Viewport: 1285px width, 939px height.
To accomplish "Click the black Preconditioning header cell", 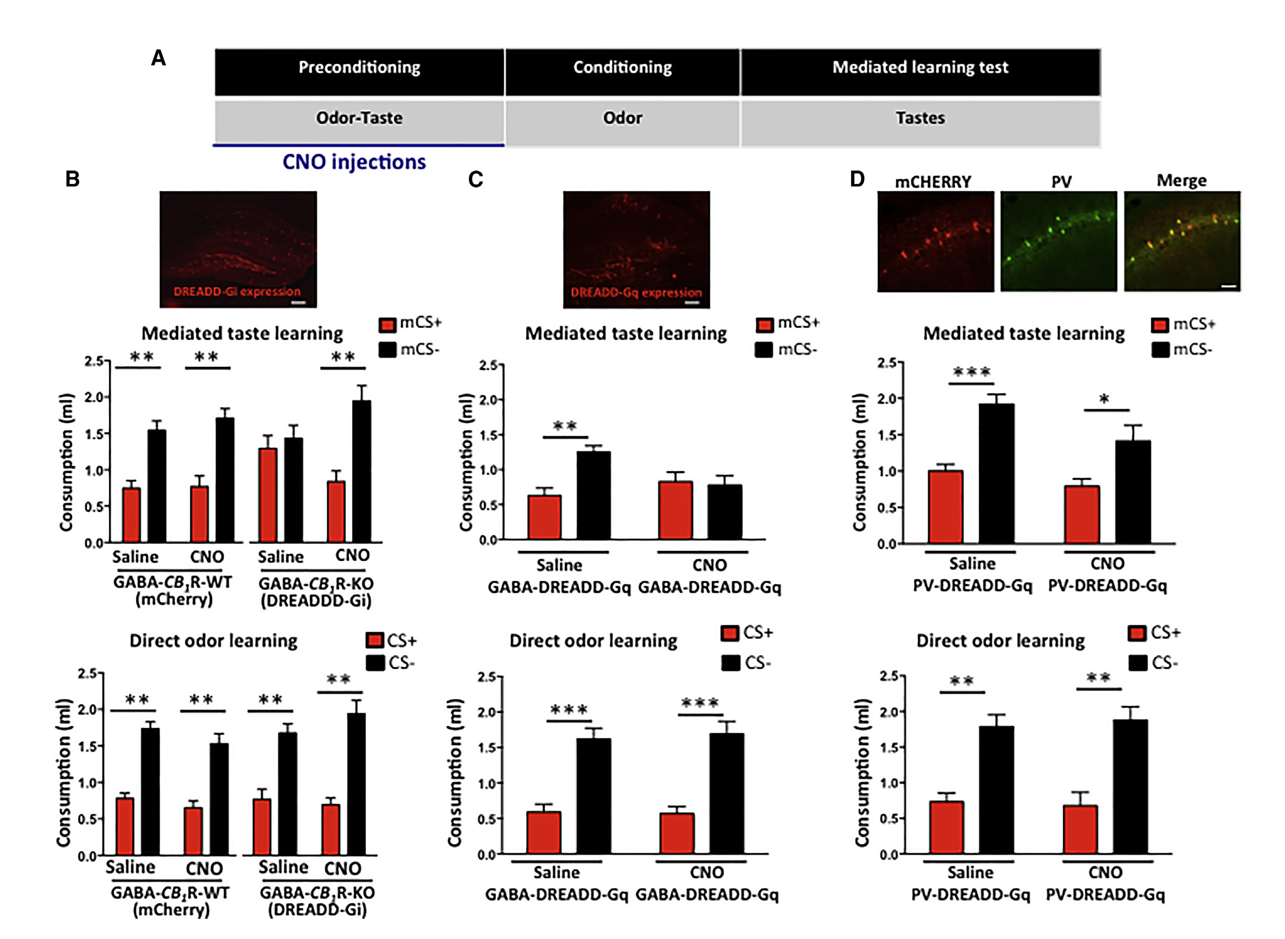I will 359,72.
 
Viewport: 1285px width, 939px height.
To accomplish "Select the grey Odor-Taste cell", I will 359,121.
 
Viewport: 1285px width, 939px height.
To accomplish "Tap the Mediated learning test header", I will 920,72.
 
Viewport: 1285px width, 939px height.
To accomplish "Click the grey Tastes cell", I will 920,122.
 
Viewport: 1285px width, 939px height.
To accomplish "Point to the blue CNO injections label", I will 354,162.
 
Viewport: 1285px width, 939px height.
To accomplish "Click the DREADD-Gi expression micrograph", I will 238,249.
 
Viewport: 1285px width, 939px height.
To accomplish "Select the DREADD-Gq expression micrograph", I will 636,249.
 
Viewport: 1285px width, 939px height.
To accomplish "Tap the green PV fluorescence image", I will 1059,241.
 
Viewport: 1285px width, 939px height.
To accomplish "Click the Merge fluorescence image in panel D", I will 1182,241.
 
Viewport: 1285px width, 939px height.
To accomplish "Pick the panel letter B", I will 73,179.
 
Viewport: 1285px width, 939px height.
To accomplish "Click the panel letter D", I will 857,179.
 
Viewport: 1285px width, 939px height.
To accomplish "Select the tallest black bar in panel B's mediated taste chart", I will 361,471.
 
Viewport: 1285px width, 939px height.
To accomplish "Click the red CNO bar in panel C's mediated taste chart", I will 676,510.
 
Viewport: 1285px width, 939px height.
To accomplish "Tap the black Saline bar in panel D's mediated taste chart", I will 997,474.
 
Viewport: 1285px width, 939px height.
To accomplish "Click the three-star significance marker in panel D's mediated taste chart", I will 972,372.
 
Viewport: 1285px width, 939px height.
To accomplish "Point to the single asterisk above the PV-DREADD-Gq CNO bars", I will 1104,399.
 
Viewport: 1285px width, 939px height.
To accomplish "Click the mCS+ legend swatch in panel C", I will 765,324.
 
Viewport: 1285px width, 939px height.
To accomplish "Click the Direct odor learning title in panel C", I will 593,641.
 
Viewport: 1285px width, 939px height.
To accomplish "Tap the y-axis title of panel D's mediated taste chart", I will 860,462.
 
